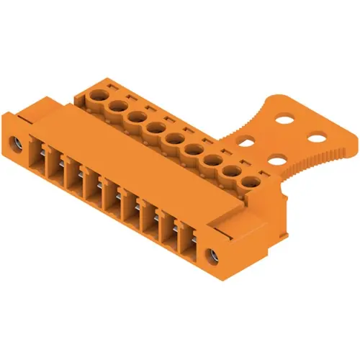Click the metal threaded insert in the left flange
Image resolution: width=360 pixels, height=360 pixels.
click(16, 142)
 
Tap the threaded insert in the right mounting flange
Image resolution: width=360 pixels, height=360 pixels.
click(212, 254)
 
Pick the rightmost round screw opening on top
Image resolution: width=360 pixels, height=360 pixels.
click(250, 184)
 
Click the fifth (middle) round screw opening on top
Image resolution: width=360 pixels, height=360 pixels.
click(174, 138)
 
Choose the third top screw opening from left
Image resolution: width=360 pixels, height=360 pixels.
click(135, 117)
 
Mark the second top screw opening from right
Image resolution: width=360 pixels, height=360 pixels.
click(232, 173)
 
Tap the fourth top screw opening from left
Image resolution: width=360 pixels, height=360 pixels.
click(154, 127)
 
